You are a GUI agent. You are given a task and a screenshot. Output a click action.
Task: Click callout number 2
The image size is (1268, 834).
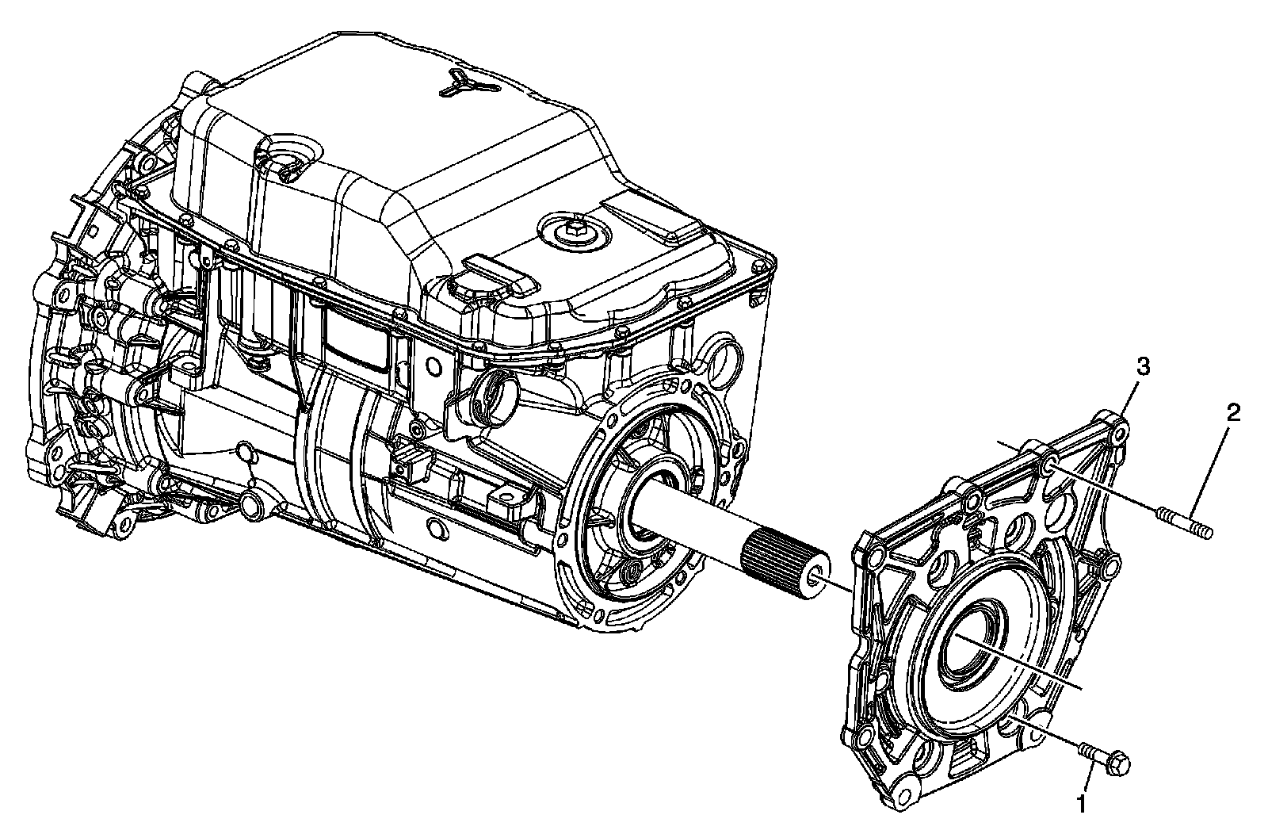[1233, 413]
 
